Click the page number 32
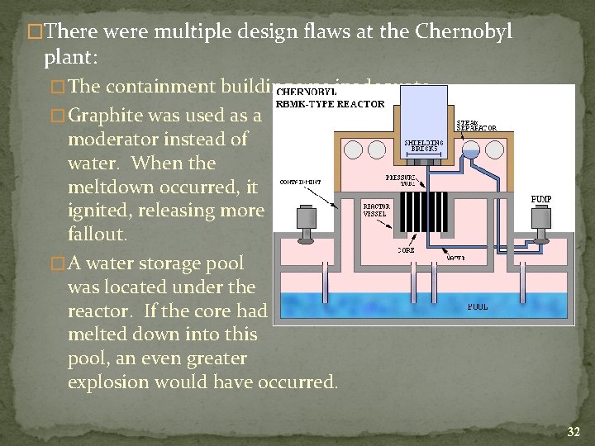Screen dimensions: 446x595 click(574, 431)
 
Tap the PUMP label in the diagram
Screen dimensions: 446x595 click(541, 199)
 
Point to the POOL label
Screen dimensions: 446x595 click(478, 306)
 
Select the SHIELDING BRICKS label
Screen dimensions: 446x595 click(423, 145)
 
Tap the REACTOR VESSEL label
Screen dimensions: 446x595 click(374, 210)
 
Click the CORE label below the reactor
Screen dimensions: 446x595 click(406, 249)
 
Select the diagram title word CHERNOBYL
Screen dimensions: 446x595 click(307, 92)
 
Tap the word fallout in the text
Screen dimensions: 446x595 click(96, 235)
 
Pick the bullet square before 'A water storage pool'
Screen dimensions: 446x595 click(58, 264)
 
